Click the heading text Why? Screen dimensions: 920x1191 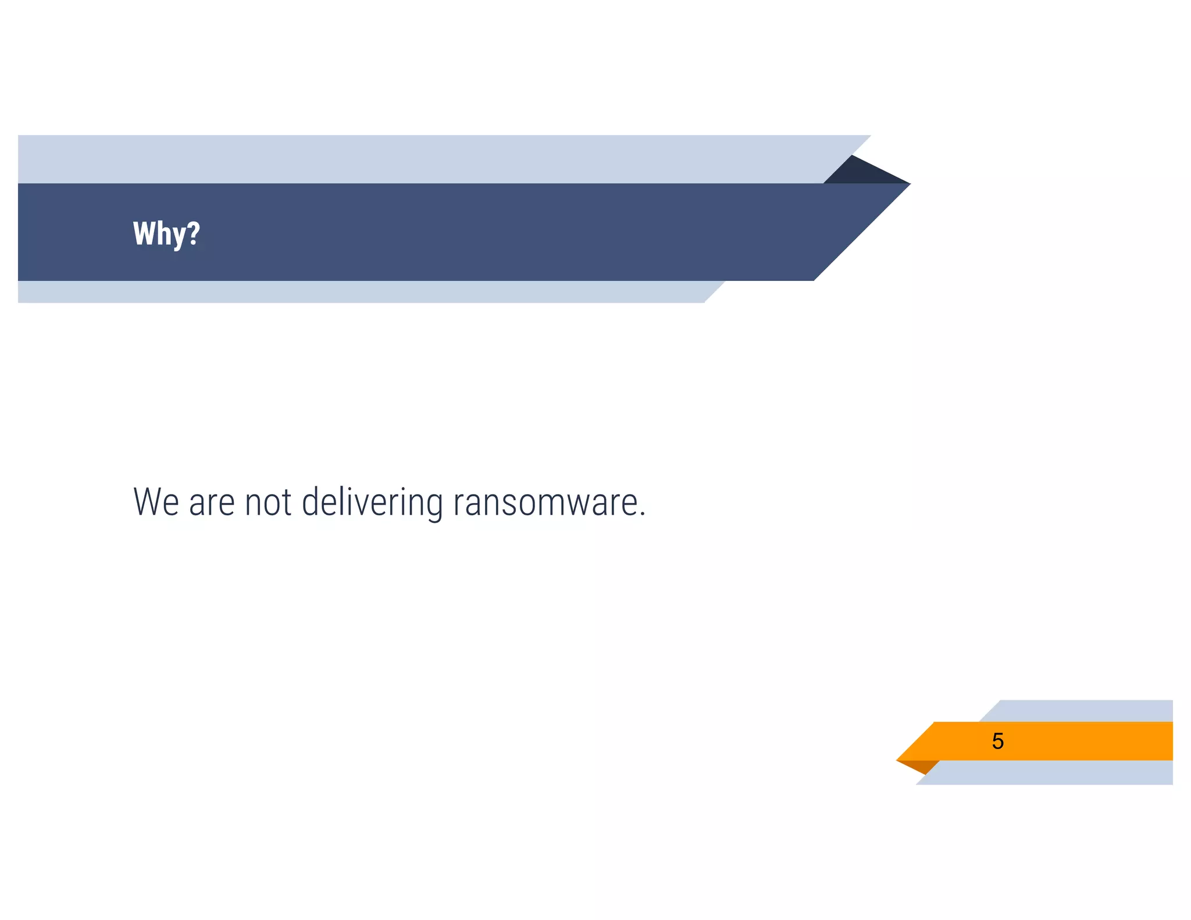[x=166, y=233]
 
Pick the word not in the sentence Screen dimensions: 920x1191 [x=268, y=502]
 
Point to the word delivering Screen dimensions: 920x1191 [x=372, y=502]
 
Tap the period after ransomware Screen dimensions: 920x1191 [x=642, y=515]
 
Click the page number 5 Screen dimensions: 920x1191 [x=998, y=741]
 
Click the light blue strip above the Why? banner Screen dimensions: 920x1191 [x=407, y=159]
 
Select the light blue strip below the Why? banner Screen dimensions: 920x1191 [x=349, y=292]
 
